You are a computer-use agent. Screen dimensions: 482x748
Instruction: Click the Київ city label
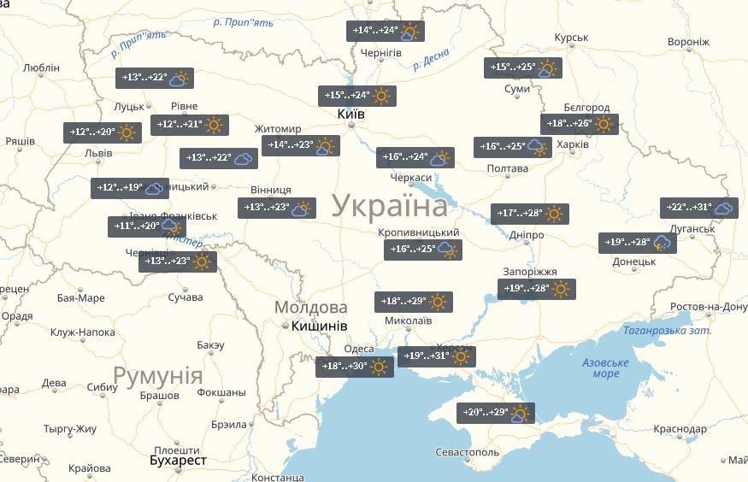point(350,114)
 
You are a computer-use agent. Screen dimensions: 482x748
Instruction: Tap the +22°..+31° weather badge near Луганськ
point(699,208)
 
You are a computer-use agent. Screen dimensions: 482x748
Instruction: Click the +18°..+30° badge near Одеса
point(355,367)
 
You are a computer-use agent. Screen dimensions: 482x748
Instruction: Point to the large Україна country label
point(389,206)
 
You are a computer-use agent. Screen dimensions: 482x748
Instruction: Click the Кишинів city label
point(319,326)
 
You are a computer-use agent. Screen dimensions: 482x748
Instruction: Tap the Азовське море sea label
point(605,368)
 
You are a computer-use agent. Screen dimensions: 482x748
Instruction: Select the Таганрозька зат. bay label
point(667,331)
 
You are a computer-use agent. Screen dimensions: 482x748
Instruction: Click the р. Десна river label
point(432,60)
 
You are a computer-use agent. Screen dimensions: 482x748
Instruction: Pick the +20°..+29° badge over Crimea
point(496,413)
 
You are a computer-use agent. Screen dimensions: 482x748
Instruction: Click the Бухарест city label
point(178,460)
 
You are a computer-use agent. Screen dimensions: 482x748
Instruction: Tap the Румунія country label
point(158,376)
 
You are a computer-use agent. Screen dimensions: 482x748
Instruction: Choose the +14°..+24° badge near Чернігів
point(386,31)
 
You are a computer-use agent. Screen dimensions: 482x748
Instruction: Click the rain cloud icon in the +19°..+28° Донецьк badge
point(662,243)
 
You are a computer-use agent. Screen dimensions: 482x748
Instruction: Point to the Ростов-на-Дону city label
point(709,307)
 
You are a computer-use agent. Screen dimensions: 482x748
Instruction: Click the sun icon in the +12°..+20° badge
point(127,132)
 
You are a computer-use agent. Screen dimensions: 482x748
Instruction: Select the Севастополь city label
point(466,451)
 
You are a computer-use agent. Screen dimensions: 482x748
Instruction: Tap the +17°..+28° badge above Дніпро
point(530,214)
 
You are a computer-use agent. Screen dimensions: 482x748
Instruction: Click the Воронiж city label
point(688,42)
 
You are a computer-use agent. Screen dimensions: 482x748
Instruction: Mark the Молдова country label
point(310,307)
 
